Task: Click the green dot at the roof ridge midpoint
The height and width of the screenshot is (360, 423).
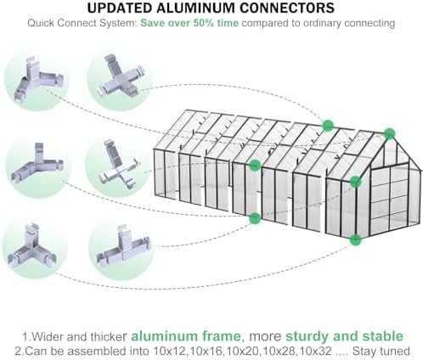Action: [x=328, y=125]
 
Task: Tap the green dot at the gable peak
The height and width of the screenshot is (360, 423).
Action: [x=390, y=134]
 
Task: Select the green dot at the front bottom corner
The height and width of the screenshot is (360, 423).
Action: [x=355, y=239]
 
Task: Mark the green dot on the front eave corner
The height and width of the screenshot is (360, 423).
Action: [x=355, y=182]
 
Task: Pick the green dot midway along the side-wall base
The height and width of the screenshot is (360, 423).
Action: [x=255, y=217]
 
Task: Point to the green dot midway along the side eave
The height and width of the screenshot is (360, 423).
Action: [x=255, y=165]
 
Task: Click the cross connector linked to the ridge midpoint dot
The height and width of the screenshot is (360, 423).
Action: [x=121, y=76]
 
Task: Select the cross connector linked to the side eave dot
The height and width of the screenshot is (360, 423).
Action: [x=120, y=164]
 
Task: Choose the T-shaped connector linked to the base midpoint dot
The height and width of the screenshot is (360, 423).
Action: [x=122, y=247]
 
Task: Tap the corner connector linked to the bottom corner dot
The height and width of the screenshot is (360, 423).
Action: [x=31, y=246]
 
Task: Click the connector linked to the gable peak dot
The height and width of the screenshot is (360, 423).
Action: [x=37, y=79]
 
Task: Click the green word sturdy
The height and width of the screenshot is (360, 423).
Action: [x=307, y=336]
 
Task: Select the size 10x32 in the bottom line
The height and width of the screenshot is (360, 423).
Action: [x=315, y=352]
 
